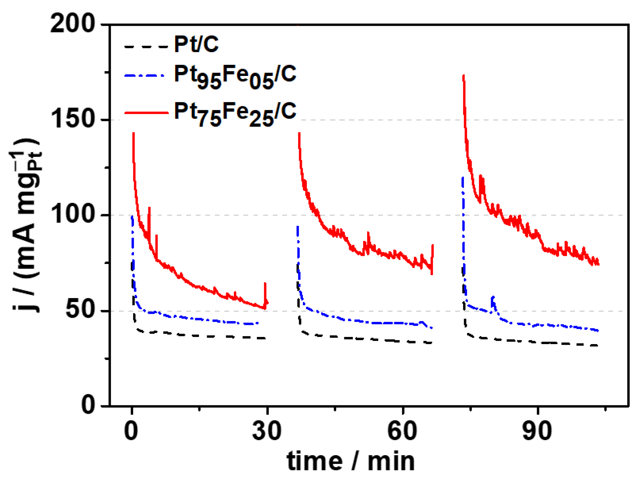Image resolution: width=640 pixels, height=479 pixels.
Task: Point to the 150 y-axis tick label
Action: (x=72, y=119)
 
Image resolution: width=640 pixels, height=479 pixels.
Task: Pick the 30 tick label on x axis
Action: (x=267, y=431)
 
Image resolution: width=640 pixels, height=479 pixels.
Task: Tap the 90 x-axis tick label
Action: (x=537, y=431)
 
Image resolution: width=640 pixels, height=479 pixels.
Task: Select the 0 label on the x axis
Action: (x=131, y=431)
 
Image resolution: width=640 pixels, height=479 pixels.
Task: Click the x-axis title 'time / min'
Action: (x=351, y=461)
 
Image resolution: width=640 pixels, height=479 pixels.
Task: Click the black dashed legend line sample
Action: (x=146, y=47)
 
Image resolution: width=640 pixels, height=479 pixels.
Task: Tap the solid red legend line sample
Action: (x=146, y=113)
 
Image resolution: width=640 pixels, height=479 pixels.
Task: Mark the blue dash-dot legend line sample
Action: (x=145, y=76)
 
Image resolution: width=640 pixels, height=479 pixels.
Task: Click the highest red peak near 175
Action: (x=463, y=76)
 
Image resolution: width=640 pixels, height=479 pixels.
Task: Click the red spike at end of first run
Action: (x=265, y=284)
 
